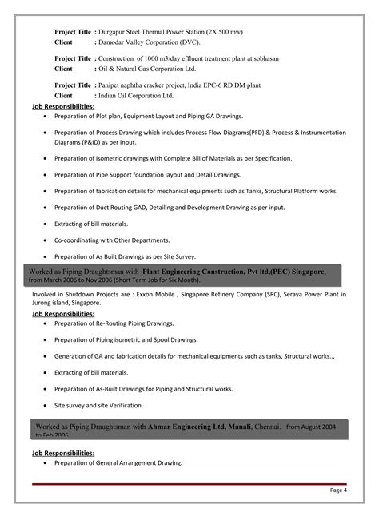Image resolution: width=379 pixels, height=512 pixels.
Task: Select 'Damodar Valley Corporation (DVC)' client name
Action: [150, 42]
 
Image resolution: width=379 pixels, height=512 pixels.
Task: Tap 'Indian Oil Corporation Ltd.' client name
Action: [145, 94]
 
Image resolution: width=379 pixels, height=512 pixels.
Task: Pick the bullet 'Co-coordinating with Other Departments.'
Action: [111, 240]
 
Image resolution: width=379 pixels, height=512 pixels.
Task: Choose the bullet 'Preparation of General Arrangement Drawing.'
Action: [118, 463]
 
